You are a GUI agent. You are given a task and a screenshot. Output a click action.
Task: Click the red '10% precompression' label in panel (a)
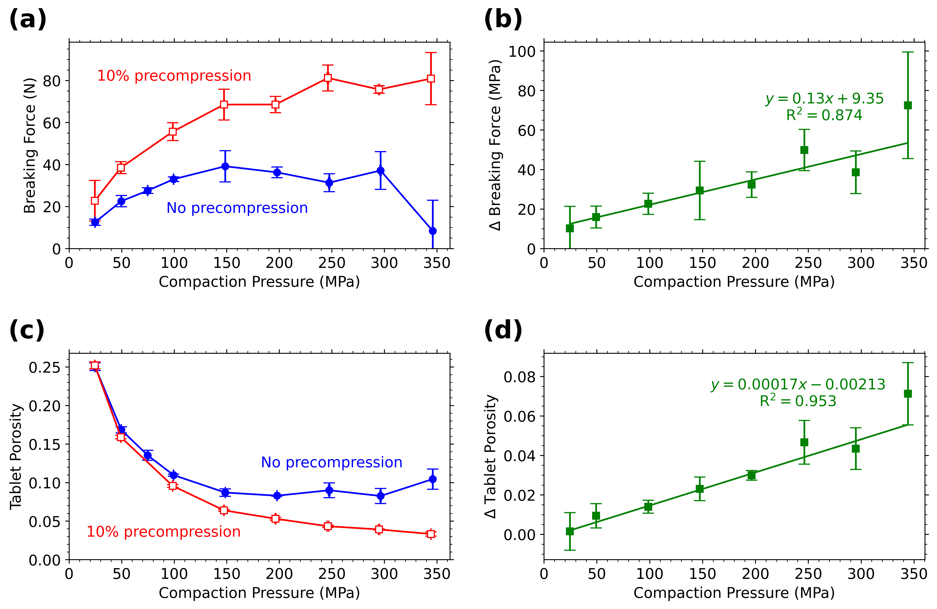click(174, 75)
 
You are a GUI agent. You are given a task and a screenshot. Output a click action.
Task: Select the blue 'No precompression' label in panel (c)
click(332, 462)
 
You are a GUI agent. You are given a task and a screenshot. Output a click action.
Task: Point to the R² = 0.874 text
click(824, 115)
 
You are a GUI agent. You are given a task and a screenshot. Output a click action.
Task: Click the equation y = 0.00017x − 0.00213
click(798, 384)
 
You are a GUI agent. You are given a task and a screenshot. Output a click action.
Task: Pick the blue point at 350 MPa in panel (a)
click(432, 231)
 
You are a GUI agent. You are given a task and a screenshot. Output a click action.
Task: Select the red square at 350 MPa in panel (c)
click(431, 534)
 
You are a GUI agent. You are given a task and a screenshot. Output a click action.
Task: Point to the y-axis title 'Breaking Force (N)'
click(30, 146)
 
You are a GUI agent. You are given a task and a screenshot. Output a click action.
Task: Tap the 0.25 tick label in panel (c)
click(45, 367)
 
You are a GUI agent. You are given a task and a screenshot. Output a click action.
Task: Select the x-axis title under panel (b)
click(734, 282)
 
